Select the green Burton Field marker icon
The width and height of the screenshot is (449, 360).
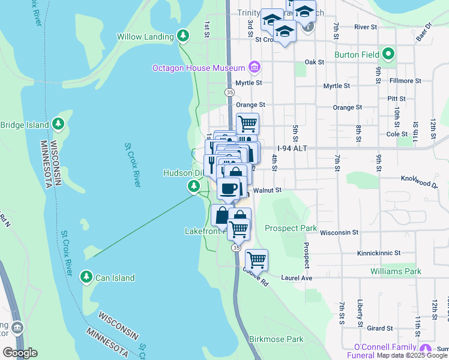pyautogui.click(x=388, y=55)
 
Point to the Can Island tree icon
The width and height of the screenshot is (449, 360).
pyautogui.click(x=86, y=278)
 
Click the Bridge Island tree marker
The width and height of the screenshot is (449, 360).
pyautogui.click(x=58, y=125)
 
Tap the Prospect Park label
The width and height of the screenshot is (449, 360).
pyautogui.click(x=291, y=229)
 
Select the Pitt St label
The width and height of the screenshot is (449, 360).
pyautogui.click(x=397, y=97)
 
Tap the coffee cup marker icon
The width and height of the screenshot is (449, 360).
pyautogui.click(x=228, y=188)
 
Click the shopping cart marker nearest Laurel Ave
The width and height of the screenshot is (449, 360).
pyautogui.click(x=256, y=259)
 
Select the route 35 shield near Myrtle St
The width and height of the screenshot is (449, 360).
pyautogui.click(x=229, y=92)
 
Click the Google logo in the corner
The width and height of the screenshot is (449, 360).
pyautogui.click(x=19, y=353)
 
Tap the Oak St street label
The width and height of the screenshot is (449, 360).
pyautogui.click(x=314, y=62)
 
